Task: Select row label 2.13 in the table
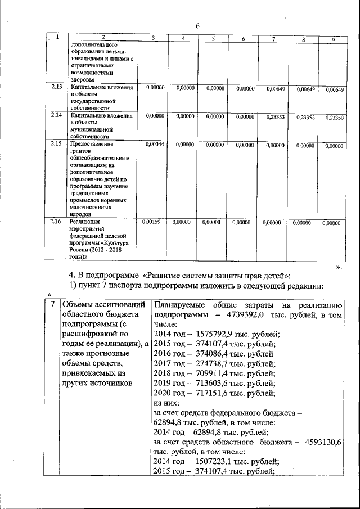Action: [56, 88]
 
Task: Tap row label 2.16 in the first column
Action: [56, 222]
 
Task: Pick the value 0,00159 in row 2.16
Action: [153, 222]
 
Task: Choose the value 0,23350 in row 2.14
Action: [335, 118]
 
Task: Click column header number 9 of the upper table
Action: [333, 39]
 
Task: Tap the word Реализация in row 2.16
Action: [84, 223]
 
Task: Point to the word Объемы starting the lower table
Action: [78, 305]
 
